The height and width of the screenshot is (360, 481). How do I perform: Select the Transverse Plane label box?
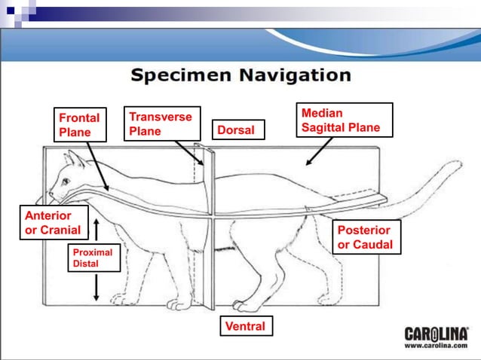(161, 124)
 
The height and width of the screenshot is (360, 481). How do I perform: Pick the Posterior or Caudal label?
(365, 237)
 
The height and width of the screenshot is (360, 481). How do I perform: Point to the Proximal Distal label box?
(92, 258)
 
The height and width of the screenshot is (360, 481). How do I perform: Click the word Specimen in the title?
(181, 75)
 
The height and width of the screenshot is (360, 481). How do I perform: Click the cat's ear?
(73, 159)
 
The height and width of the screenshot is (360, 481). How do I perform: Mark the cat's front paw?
(178, 304)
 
